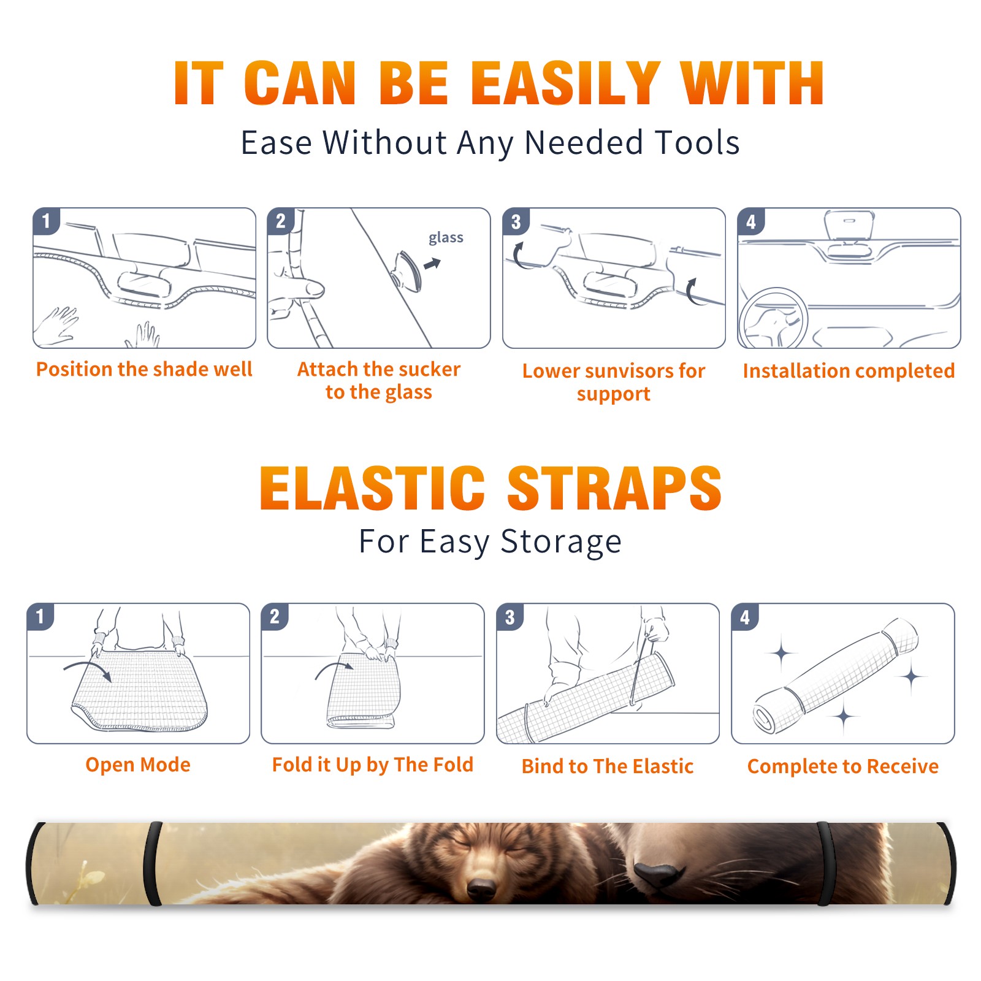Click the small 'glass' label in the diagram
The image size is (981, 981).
446,238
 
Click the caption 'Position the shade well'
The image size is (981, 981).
144,369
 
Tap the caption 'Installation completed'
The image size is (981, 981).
849,370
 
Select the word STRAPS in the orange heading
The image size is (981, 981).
614,488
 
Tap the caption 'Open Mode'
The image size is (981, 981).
138,765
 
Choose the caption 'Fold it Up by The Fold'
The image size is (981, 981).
373,765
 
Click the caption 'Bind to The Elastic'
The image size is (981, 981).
608,766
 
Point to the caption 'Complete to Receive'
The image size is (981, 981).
843,766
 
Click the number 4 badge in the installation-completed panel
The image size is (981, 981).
750,221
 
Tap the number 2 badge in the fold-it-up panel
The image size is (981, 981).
274,616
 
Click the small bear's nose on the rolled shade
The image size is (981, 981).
481,887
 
